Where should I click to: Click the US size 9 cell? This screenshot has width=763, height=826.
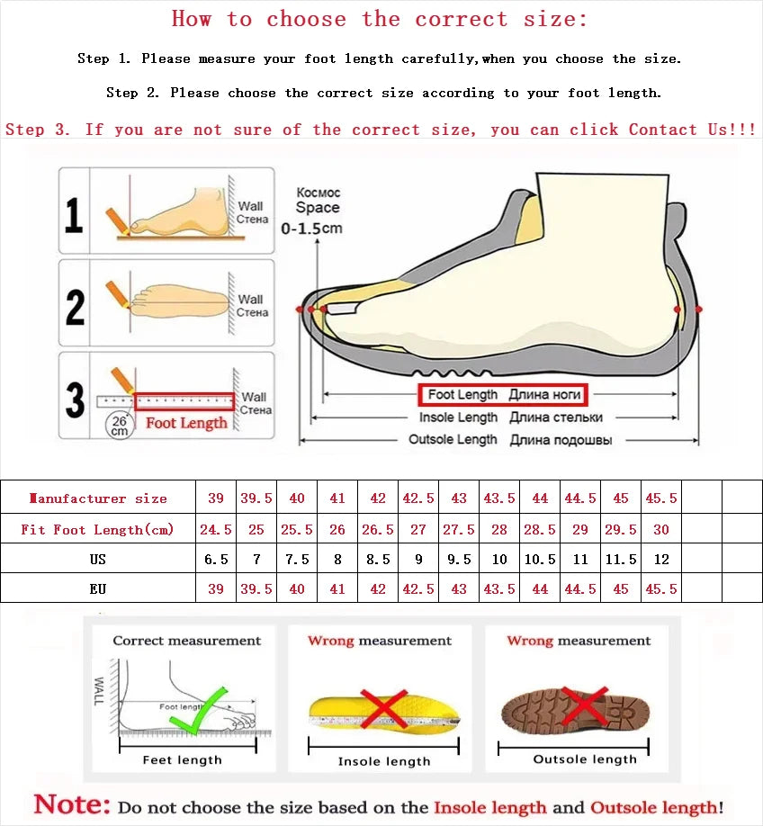pyautogui.click(x=418, y=559)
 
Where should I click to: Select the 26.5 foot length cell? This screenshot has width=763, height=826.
pyautogui.click(x=378, y=529)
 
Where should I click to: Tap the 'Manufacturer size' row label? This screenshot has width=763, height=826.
pyautogui.click(x=98, y=498)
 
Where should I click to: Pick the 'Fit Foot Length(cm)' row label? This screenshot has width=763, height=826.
pyautogui.click(x=97, y=529)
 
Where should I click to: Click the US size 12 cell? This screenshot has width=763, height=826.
pyautogui.click(x=661, y=559)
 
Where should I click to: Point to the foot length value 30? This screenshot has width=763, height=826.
pyautogui.click(x=661, y=529)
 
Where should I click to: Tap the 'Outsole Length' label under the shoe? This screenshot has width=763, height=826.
pyautogui.click(x=453, y=440)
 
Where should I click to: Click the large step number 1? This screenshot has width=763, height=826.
pyautogui.click(x=75, y=216)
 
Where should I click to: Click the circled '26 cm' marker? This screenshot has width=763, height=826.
pyautogui.click(x=119, y=425)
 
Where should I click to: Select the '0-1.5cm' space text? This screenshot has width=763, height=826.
pyautogui.click(x=311, y=229)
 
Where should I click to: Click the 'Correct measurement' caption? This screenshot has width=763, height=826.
pyautogui.click(x=186, y=641)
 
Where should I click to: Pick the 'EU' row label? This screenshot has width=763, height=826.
pyautogui.click(x=98, y=588)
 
